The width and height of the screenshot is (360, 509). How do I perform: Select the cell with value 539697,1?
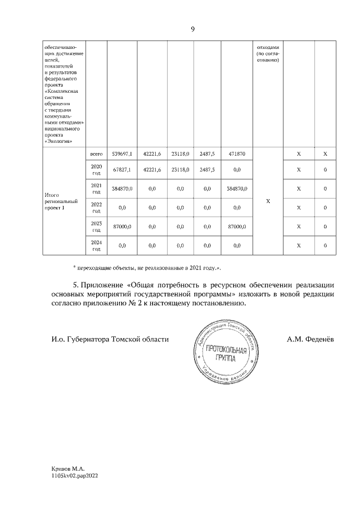121,154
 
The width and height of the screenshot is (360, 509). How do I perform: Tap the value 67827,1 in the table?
121,169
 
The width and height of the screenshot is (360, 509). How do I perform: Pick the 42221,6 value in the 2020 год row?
152,169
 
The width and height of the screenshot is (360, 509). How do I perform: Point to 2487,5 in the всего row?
207,154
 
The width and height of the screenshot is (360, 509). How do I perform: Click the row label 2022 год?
96,208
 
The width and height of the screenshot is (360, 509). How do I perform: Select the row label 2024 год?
96,245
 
